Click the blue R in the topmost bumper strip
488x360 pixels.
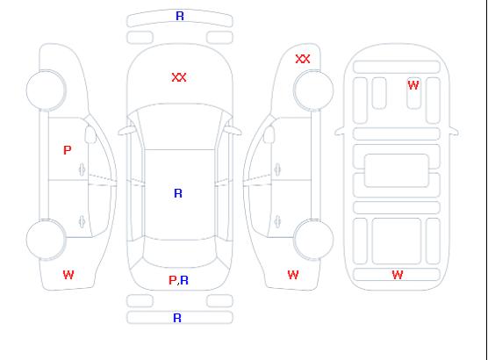coord(180,16)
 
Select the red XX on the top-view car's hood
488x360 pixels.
coord(179,77)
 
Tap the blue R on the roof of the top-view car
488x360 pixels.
coord(178,193)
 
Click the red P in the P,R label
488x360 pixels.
coord(172,280)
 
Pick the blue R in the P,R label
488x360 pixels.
coord(184,280)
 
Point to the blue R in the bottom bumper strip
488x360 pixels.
coord(177,318)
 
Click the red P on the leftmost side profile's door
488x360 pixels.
coord(68,150)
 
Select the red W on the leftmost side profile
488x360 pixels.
coord(68,275)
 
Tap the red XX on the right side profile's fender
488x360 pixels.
coord(303,59)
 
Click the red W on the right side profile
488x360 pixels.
coord(293,275)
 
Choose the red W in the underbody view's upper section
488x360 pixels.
coord(413,85)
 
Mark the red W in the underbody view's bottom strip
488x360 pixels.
coord(398,275)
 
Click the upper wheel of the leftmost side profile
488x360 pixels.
coord(46,90)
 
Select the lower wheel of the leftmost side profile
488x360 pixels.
coord(46,240)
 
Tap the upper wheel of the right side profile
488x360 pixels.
coord(313,90)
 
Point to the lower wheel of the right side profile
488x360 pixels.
coord(313,240)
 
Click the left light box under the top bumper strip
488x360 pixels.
coord(140,38)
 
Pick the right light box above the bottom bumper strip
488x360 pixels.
coord(219,301)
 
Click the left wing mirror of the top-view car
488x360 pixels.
coord(126,131)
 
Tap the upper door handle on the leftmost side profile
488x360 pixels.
coord(82,169)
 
